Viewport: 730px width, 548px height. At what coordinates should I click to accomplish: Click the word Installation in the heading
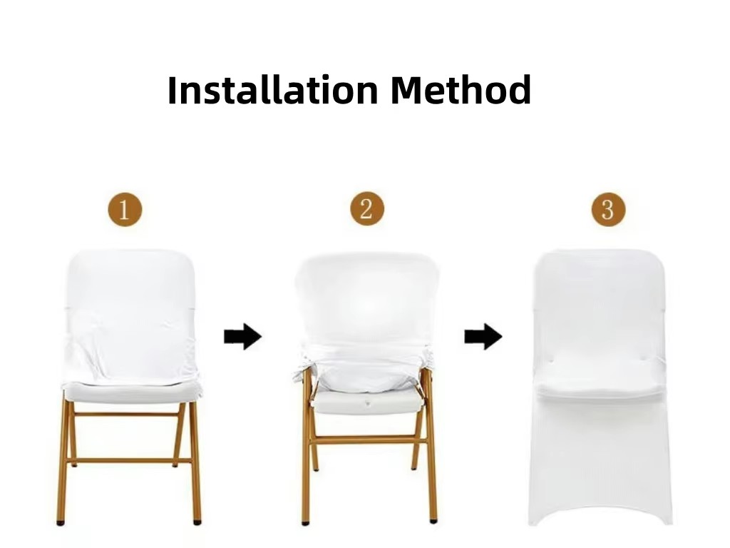[x=272, y=89]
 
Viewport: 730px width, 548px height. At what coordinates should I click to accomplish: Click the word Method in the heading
[x=461, y=89]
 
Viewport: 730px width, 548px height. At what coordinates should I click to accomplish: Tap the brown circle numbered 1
[x=125, y=209]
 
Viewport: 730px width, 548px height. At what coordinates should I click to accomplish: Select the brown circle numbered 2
[x=367, y=208]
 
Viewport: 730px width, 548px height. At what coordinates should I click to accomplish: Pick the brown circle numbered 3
[x=609, y=209]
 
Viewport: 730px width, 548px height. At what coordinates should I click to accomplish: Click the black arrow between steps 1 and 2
[x=242, y=336]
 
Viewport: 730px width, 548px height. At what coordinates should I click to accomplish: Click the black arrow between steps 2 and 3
[x=483, y=336]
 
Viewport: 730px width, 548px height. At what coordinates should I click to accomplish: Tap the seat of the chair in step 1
[x=132, y=392]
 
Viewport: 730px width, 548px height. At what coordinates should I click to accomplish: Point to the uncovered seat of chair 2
[x=367, y=402]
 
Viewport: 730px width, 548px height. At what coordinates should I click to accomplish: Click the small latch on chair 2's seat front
[x=367, y=404]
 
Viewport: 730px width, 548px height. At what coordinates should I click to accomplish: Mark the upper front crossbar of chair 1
[x=127, y=414]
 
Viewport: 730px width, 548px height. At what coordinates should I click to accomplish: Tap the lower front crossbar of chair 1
[x=130, y=461]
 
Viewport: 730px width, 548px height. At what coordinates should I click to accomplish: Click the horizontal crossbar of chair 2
[x=368, y=440]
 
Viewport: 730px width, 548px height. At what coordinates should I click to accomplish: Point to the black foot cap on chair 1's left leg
[x=60, y=523]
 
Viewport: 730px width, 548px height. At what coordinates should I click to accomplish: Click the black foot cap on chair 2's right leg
[x=433, y=520]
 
